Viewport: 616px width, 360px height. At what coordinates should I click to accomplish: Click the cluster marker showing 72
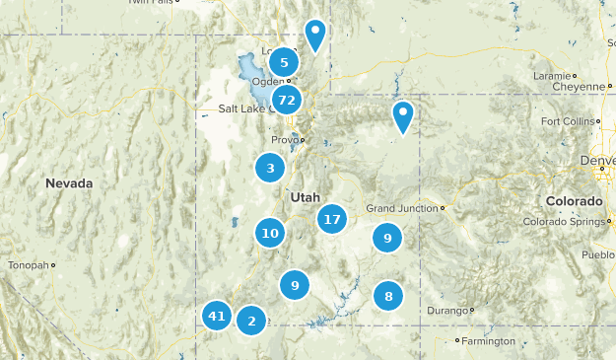point(287,100)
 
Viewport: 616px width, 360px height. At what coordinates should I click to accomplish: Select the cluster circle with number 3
point(270,169)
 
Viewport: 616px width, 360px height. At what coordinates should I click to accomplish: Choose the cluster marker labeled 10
point(270,233)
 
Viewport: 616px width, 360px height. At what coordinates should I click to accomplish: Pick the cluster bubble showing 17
point(332,220)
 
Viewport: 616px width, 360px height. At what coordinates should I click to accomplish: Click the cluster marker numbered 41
point(217,317)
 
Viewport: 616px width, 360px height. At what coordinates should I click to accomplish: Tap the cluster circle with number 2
point(251,320)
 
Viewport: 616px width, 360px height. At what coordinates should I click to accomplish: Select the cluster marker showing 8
point(388,295)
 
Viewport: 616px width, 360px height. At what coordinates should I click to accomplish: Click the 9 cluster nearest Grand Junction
point(387,238)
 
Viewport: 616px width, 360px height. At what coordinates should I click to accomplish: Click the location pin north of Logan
point(315,35)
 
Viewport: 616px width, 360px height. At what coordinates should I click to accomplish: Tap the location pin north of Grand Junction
point(403,115)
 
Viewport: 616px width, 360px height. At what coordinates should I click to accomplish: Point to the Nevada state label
point(69,183)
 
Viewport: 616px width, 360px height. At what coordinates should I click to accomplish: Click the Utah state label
point(305,197)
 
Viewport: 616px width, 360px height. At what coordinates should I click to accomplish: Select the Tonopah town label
point(28,265)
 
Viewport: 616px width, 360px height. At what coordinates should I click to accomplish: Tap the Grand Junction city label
point(402,208)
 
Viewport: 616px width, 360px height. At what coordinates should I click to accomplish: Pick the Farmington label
point(491,341)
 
